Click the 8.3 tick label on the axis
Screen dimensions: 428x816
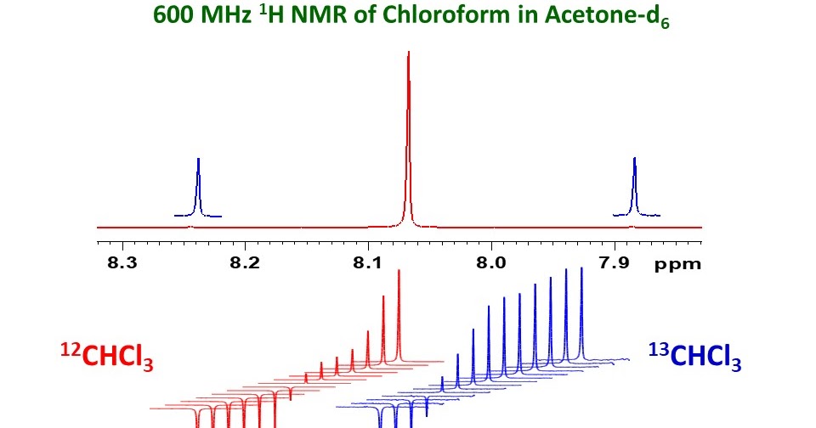point(122,263)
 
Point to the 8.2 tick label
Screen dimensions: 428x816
point(245,263)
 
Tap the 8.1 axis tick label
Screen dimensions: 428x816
point(368,263)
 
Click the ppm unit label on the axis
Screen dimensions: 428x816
point(677,264)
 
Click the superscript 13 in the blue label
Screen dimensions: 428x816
point(659,349)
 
